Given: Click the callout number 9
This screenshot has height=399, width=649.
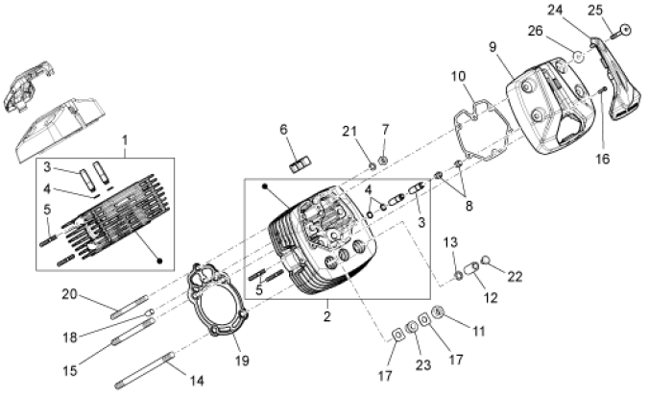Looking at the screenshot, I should (492, 45).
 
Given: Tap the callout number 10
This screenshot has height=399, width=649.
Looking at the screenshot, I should (458, 75).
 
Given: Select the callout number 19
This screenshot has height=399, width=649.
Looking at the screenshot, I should (241, 361).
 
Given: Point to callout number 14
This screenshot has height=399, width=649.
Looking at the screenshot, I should (197, 381).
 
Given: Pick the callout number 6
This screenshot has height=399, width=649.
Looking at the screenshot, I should (283, 130).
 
